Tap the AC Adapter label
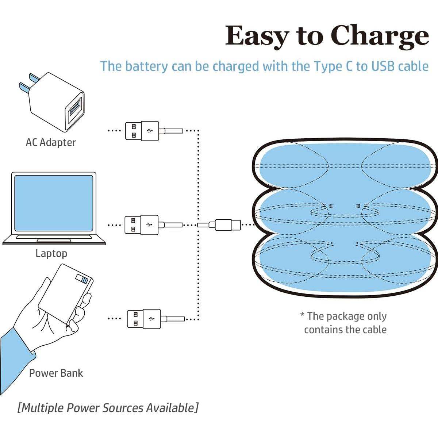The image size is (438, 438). coord(51,142)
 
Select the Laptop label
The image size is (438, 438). coord(51,253)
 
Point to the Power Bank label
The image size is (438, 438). coord(56,373)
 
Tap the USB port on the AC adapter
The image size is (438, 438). coord(74,109)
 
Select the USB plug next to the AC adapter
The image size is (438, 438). coord(142,131)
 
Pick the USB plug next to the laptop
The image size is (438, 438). coord(142,225)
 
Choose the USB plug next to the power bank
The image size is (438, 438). coord(144,319)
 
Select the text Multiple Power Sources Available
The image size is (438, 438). coord(108,408)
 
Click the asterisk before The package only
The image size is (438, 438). coord(302,315)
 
